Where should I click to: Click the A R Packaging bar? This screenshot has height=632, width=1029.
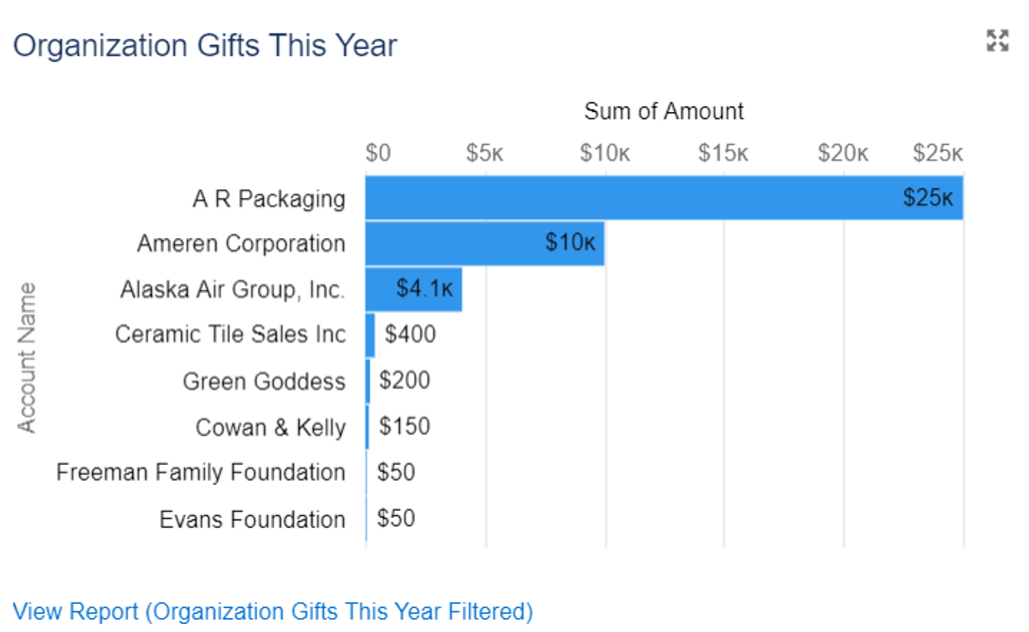click(x=664, y=198)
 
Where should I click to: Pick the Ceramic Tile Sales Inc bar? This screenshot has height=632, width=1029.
click(x=370, y=335)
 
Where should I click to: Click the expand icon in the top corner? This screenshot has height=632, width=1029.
click(x=997, y=41)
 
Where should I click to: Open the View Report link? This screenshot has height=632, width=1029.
click(x=273, y=611)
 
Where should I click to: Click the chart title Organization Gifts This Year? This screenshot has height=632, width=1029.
click(x=205, y=45)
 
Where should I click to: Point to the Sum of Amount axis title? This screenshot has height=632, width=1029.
click(x=664, y=111)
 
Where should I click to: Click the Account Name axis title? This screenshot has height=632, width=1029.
click(x=27, y=358)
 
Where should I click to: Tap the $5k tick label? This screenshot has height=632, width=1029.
click(x=484, y=153)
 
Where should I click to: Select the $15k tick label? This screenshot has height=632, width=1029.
click(x=723, y=153)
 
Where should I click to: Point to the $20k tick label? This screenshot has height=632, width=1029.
click(x=843, y=153)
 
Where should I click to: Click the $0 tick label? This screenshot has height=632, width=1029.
click(x=378, y=153)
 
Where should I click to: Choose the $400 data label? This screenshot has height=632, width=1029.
click(x=410, y=335)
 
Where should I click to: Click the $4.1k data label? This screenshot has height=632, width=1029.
click(x=424, y=289)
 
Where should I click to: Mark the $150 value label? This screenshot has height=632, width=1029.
click(x=404, y=427)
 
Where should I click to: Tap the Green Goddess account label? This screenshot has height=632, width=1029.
click(x=264, y=381)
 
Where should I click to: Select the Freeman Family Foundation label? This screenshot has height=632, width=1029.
click(x=201, y=472)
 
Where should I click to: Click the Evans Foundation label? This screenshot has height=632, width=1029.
click(x=252, y=519)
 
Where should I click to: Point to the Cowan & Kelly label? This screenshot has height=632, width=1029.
click(x=271, y=428)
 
